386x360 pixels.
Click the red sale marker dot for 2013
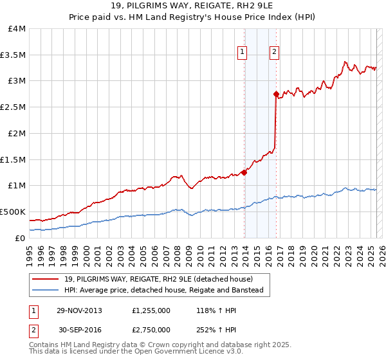click(x=244, y=172)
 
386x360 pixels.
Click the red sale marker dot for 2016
click(x=276, y=94)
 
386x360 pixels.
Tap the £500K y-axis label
click(x=13, y=212)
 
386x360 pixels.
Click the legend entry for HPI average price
click(x=167, y=291)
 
